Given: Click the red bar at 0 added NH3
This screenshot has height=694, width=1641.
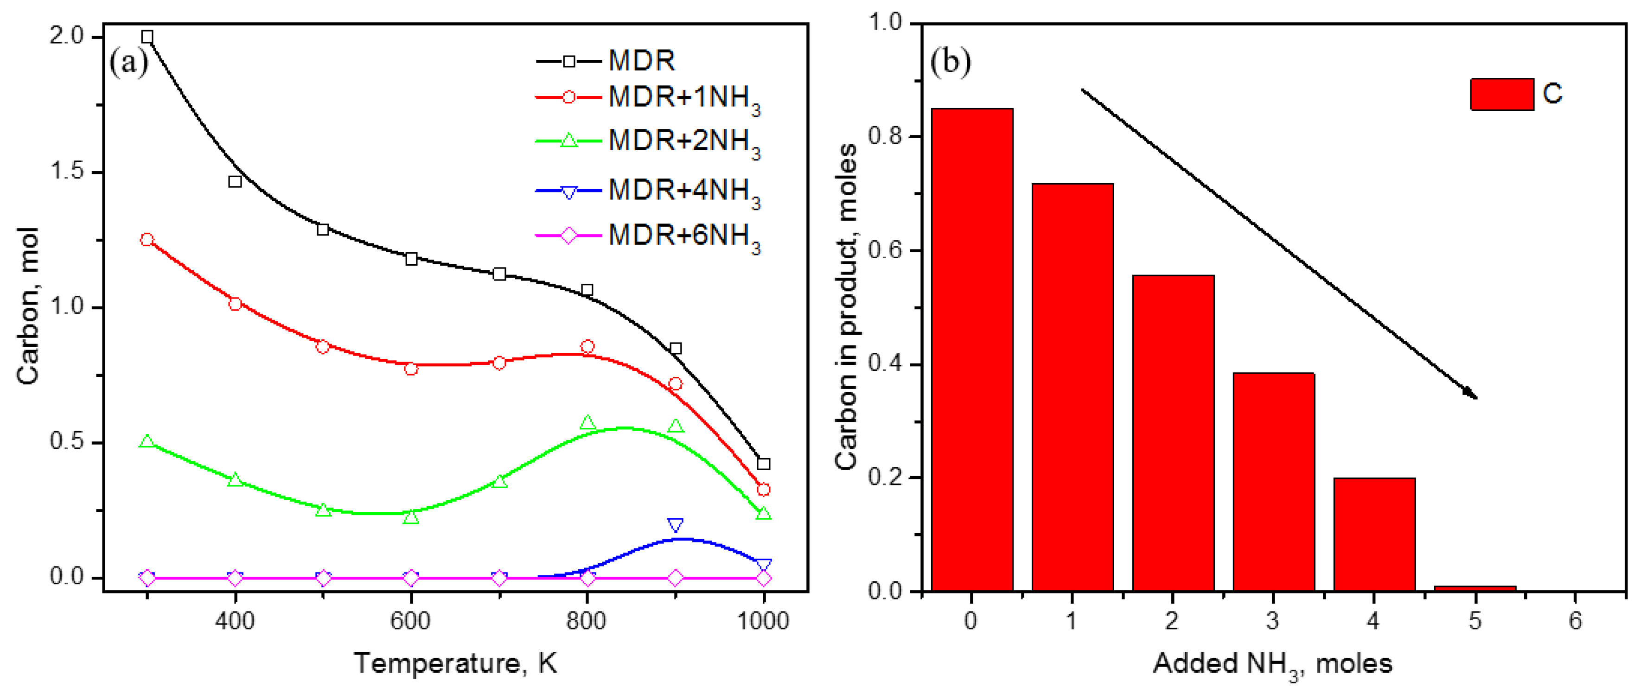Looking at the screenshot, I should click(x=971, y=350).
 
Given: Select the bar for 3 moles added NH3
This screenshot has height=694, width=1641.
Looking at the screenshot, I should click(x=1273, y=482).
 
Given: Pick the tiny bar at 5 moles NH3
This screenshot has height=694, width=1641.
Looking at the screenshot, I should click(x=1475, y=588).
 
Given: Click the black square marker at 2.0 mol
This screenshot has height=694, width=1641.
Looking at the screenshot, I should click(x=147, y=37).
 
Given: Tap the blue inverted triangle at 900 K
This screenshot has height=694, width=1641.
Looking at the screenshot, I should click(x=675, y=525).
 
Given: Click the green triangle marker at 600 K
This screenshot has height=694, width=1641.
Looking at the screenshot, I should click(x=411, y=517).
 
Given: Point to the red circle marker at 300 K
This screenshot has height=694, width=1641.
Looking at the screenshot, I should click(x=147, y=239).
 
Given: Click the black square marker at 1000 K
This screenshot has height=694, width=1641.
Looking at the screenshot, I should click(x=763, y=464).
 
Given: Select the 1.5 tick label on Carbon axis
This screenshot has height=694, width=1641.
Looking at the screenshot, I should click(x=66, y=172).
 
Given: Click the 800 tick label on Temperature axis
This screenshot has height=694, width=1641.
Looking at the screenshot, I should click(x=586, y=620).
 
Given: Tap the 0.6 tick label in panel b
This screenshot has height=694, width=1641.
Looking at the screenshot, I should click(x=886, y=250).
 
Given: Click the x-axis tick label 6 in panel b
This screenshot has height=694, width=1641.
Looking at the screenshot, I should click(x=1575, y=620).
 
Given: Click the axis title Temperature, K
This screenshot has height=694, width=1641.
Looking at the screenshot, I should click(x=455, y=663).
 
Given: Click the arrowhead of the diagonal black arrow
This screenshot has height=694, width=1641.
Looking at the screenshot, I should click(x=1472, y=395).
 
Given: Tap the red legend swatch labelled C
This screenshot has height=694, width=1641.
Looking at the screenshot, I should click(x=1501, y=94).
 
